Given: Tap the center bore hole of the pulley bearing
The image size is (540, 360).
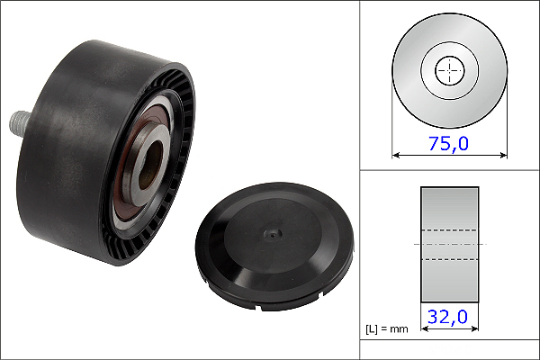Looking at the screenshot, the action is pos(150,165).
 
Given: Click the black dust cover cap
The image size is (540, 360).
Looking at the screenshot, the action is pos(274,246).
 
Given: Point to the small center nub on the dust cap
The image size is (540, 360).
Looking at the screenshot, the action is pos(273,235).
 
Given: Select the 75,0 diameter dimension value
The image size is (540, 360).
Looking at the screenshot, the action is pos(448,143).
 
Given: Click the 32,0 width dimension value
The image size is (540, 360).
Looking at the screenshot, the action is pos(447,317).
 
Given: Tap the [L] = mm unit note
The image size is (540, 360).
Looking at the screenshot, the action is pos(387,329).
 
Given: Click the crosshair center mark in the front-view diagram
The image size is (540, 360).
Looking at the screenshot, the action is pos(450,70).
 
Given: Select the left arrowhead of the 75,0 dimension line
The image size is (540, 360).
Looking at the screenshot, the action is pos(396,156).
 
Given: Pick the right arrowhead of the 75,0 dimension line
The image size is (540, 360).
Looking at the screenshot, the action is pos(503,156).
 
